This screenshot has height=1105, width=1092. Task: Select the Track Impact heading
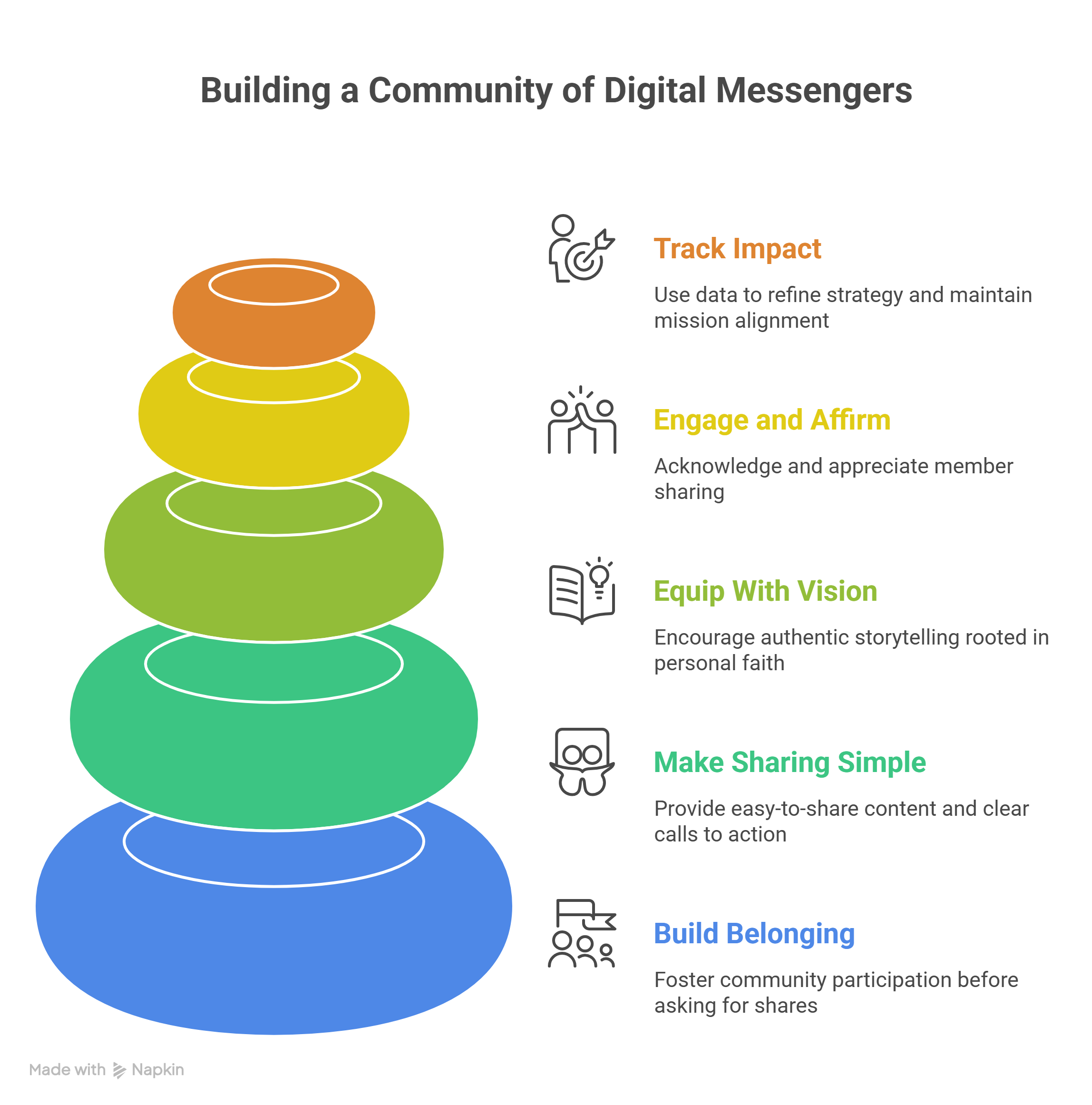coord(737,248)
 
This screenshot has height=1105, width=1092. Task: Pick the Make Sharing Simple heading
coord(790,762)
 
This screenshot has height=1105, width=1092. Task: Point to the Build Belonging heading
coord(753,933)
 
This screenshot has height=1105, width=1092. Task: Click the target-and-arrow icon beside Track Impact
coord(581,248)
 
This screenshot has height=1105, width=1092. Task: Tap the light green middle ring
coord(273,583)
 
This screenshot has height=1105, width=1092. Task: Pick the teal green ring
coord(273,761)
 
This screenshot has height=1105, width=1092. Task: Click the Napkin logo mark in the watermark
coord(119,1070)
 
